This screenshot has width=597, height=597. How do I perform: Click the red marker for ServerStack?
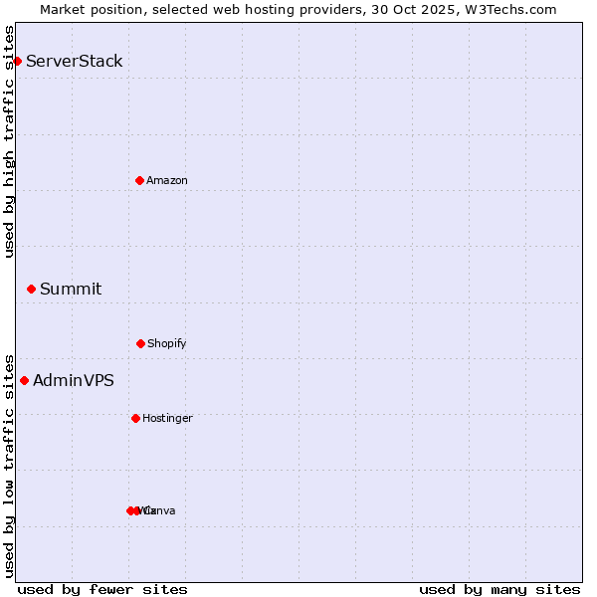point(17,62)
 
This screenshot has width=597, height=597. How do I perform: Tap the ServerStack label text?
point(75,62)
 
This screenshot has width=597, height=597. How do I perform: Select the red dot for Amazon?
point(139,180)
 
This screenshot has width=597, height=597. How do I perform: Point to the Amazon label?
point(167,180)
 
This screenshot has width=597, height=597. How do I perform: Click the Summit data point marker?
point(31,290)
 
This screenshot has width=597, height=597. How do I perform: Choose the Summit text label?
point(71,290)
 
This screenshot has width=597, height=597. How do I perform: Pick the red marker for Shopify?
point(140,343)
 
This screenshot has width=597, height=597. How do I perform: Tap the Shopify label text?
point(167,344)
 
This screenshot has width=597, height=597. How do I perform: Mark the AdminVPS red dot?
point(24,380)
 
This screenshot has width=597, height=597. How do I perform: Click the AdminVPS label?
point(74,380)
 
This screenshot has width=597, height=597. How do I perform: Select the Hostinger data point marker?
point(135,418)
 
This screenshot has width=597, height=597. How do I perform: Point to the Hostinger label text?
point(167,419)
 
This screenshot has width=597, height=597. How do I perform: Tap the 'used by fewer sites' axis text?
point(102,589)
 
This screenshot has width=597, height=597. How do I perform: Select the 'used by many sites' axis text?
point(499,589)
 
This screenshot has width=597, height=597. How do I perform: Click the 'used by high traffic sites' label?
point(9,141)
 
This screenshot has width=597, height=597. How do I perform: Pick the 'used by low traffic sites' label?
point(9,465)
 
